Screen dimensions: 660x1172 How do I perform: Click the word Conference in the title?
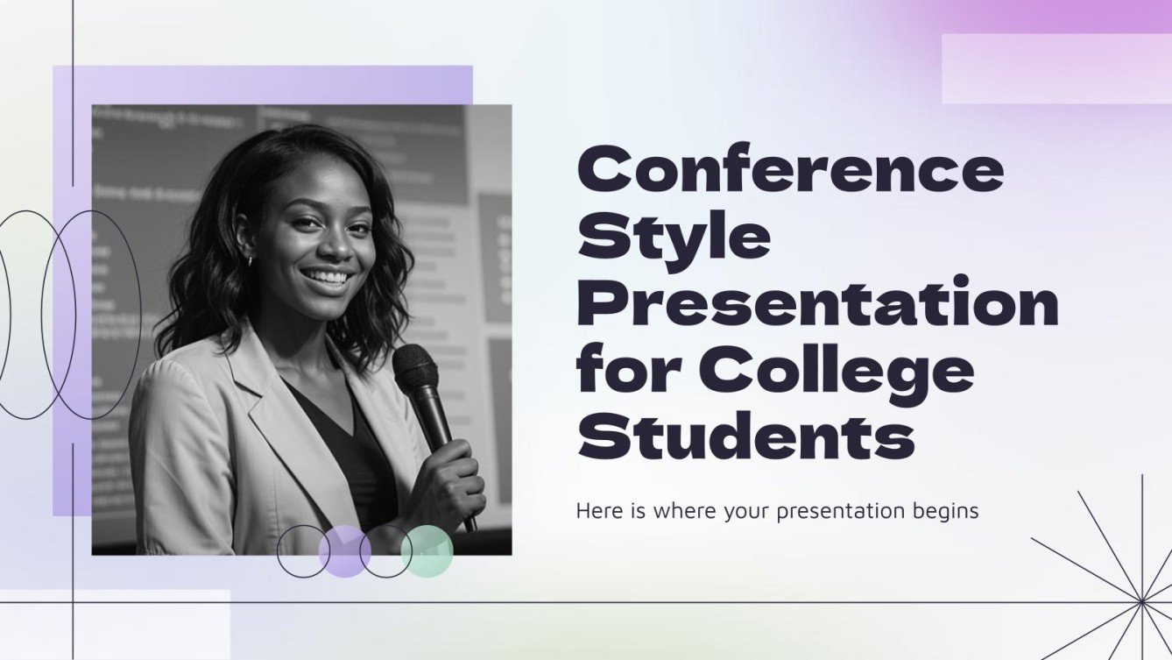pos(790,172)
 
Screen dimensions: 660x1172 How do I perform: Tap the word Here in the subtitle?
pos(597,511)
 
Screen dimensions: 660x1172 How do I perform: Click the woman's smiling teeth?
pos(327,278)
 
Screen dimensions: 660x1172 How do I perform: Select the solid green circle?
pos(427,551)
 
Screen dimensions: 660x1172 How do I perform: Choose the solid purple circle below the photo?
pos(344,551)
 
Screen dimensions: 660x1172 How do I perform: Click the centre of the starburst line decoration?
pos(1142,602)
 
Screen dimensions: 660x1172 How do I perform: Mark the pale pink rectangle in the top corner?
pos(1056,68)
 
